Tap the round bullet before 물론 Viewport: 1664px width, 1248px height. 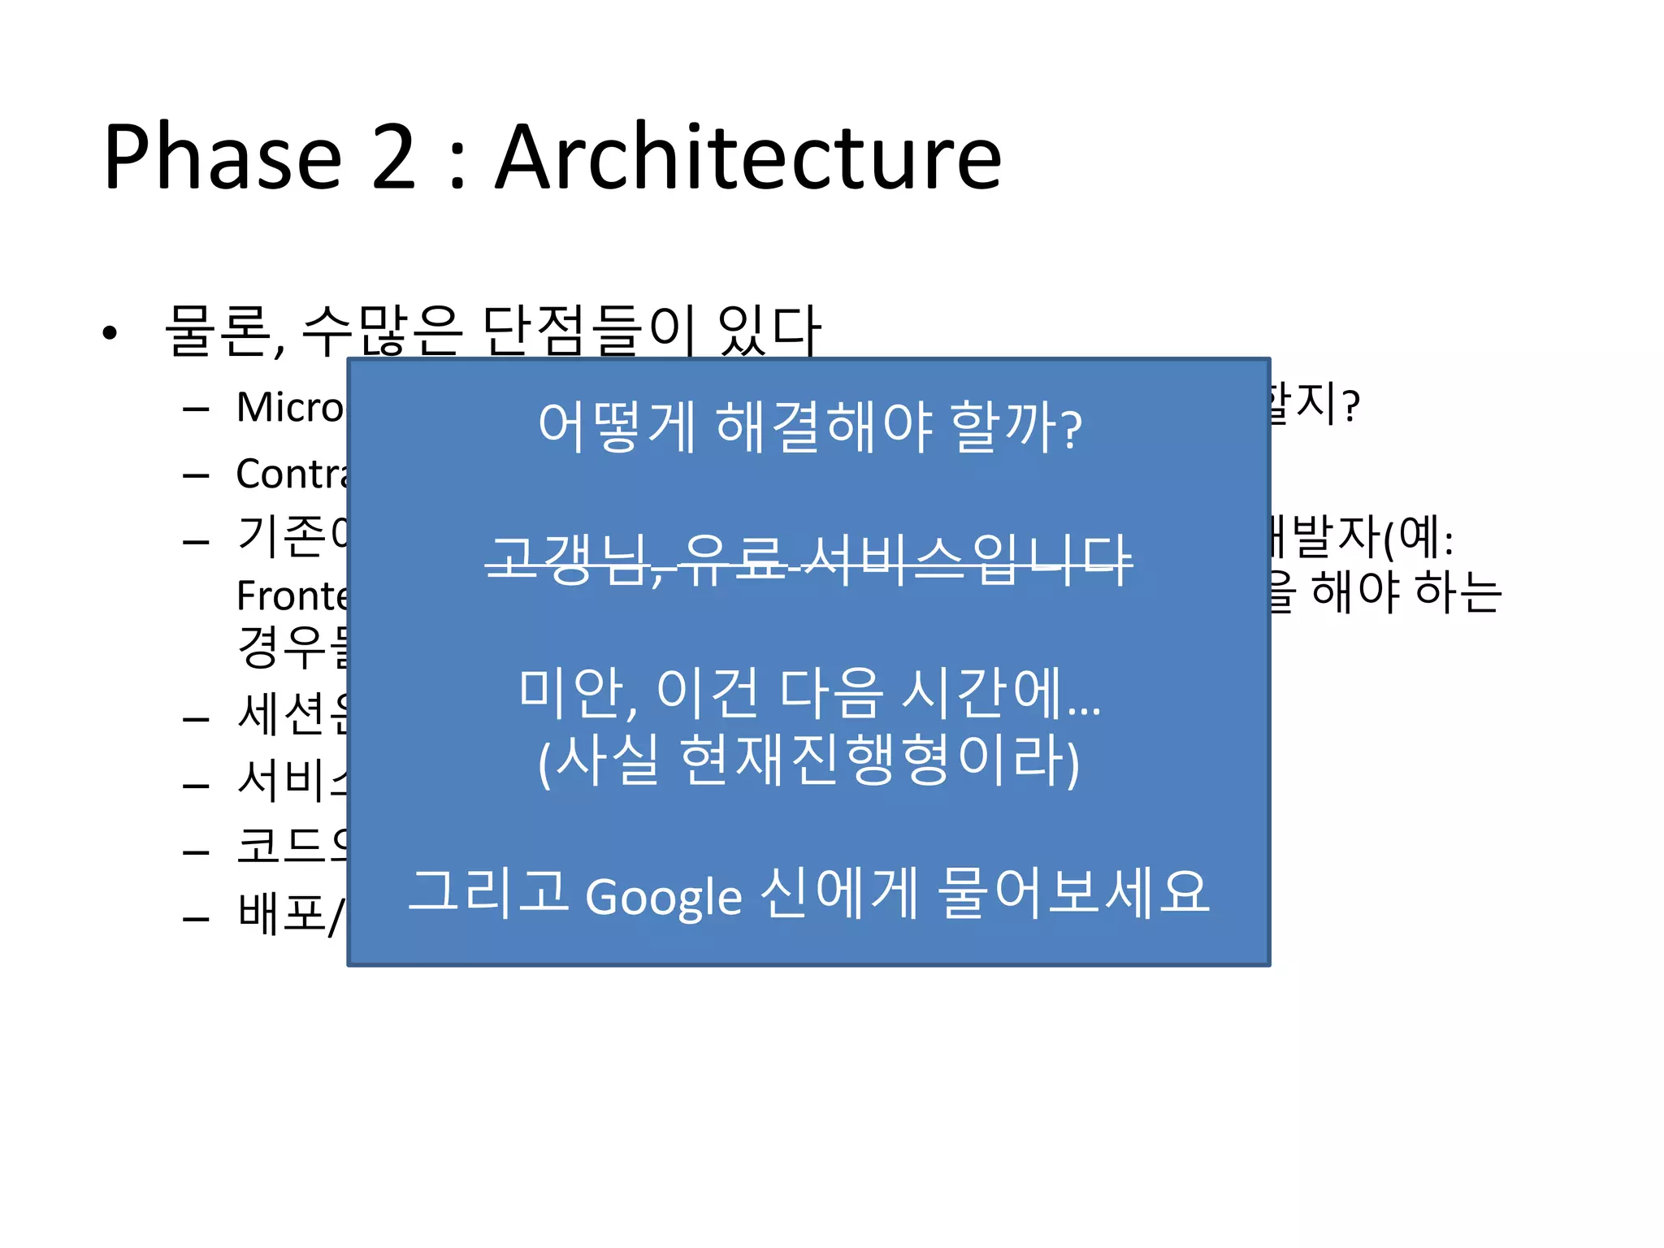click(110, 332)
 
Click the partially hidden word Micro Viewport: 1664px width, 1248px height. click(291, 407)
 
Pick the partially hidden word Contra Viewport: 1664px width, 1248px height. click(291, 474)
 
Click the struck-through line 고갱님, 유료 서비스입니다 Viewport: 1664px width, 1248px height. click(809, 559)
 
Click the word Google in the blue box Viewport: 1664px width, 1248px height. click(663, 897)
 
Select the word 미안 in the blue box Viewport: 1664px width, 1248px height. click(572, 692)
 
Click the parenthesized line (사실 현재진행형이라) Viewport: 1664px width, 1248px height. click(809, 760)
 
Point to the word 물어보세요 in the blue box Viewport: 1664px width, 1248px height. click(1072, 892)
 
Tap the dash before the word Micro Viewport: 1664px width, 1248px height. click(196, 409)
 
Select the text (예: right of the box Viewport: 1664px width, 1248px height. click(1418, 538)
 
